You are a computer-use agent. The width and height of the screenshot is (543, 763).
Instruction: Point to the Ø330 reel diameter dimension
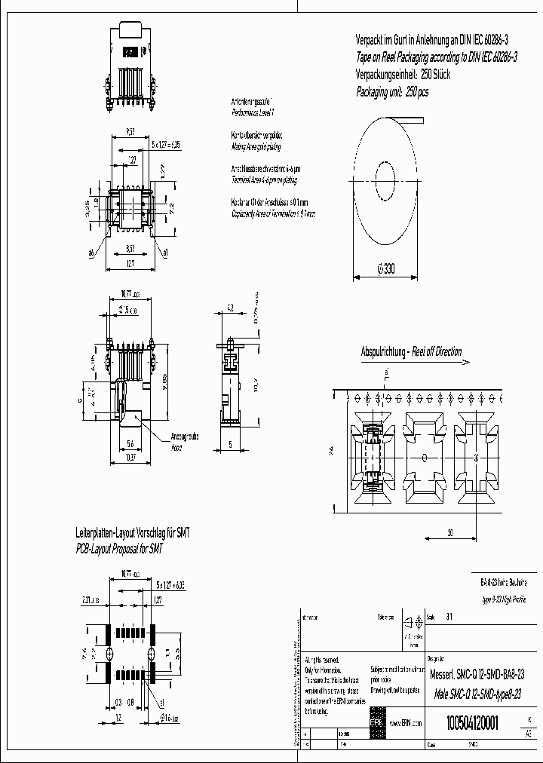pyautogui.click(x=385, y=269)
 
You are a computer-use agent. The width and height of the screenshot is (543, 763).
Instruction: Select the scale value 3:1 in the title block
pyautogui.click(x=450, y=617)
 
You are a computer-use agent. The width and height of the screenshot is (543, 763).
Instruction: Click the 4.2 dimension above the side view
pyautogui.click(x=230, y=307)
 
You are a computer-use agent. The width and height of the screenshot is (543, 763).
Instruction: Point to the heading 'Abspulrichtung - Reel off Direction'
pyautogui.click(x=411, y=352)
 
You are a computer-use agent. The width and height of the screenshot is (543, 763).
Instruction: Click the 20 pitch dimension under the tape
pyautogui.click(x=449, y=532)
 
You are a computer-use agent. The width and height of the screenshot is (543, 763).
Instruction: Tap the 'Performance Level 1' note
pyautogui.click(x=253, y=111)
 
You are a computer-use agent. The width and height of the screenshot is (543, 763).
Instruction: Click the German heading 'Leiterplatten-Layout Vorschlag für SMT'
pyautogui.click(x=132, y=532)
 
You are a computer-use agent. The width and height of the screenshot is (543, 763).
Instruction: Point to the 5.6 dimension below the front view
pyautogui.click(x=130, y=443)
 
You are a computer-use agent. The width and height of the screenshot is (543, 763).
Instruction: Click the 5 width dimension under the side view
pyautogui.click(x=229, y=444)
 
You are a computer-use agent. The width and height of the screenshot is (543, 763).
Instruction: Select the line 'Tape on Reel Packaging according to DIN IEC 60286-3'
pyautogui.click(x=436, y=57)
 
